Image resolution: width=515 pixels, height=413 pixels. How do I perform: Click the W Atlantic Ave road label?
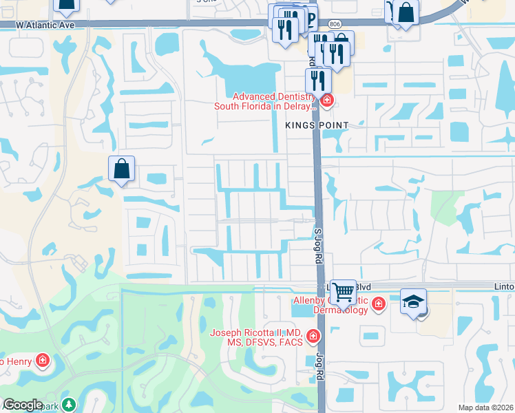pos(39,24)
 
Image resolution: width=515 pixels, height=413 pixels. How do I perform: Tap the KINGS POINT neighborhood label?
pos(317,125)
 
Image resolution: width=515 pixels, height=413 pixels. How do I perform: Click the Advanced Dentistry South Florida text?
pos(265,101)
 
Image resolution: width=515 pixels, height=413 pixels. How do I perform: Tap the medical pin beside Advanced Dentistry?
pos(326,101)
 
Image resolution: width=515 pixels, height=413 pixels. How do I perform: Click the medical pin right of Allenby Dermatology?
pos(378,304)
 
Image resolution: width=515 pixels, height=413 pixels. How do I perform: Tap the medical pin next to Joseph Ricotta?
pos(313,337)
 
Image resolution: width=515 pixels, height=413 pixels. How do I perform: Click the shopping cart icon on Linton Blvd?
pos(343,292)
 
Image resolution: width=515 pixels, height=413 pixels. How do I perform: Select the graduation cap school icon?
pos(414,302)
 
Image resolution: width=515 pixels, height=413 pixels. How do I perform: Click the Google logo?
pos(23,405)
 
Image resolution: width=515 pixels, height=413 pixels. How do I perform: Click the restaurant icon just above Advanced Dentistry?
pos(318,80)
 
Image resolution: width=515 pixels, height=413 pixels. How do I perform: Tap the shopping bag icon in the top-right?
pos(406,12)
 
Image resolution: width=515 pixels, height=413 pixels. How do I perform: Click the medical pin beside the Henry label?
pos(43,360)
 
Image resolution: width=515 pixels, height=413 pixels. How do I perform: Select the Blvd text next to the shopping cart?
pos(365,286)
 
